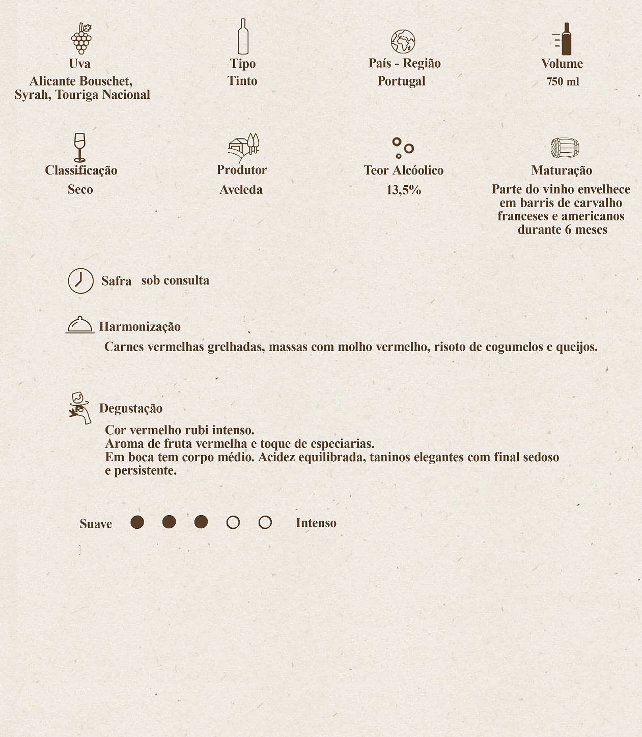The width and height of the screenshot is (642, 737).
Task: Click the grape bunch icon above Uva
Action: click(81, 38)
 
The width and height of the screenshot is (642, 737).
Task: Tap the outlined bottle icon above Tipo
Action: click(243, 37)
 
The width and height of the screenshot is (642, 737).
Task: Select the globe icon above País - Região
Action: click(403, 42)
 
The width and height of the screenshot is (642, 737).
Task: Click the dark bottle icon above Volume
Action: click(565, 39)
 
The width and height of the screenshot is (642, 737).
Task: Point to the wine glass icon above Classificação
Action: click(79, 147)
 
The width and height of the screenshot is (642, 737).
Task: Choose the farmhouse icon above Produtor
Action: click(243, 147)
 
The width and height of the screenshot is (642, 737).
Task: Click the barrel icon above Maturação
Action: click(565, 148)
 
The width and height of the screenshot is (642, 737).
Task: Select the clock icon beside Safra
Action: click(81, 280)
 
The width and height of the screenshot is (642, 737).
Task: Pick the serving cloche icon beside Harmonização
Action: click(80, 325)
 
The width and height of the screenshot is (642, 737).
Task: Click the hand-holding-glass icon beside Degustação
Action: click(80, 407)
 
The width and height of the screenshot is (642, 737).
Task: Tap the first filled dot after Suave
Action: click(137, 522)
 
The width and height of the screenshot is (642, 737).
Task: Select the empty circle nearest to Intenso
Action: click(265, 522)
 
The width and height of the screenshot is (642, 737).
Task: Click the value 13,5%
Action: click(403, 190)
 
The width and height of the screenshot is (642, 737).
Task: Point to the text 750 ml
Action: click(563, 81)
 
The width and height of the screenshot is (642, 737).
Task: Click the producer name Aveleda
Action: click(241, 190)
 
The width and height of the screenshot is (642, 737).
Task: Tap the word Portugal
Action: click(401, 81)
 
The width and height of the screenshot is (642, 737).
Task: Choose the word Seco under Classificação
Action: click(80, 189)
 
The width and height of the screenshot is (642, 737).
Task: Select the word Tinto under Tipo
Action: click(242, 81)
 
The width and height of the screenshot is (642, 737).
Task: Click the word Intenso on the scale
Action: click(316, 523)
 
